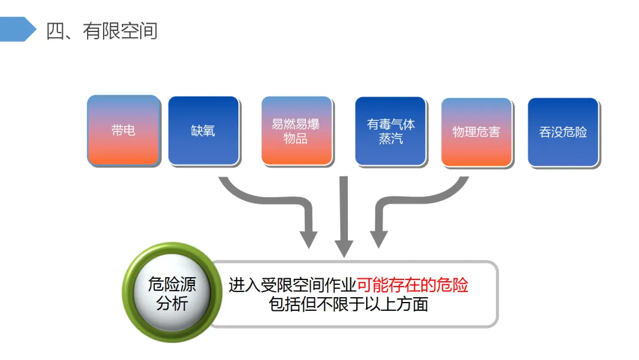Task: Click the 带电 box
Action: tap(123, 130)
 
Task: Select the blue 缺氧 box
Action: tap(204, 130)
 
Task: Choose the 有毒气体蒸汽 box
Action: tap(390, 131)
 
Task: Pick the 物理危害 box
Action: tap(476, 131)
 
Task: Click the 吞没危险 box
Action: tap(563, 132)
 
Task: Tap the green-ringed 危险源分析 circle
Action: tap(172, 294)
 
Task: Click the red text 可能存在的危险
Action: tap(412, 285)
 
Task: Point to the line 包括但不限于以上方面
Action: tap(348, 305)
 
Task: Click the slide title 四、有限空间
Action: tap(102, 30)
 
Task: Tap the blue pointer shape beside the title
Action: tap(18, 29)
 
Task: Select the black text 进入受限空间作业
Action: tap(292, 285)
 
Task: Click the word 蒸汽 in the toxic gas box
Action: tap(390, 139)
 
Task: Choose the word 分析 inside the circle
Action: tap(172, 304)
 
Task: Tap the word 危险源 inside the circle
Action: tap(172, 285)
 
